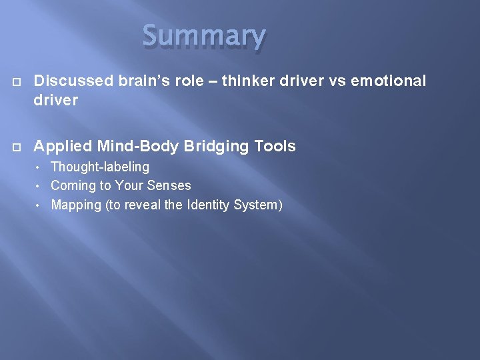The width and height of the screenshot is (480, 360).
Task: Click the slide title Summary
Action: tap(204, 37)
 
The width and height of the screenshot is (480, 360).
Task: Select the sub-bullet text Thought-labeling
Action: tap(100, 167)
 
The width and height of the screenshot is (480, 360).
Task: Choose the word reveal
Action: tap(143, 205)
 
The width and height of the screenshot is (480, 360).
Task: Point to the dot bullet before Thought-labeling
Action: tap(40, 167)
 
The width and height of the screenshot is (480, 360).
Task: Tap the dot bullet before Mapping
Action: tap(40, 205)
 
